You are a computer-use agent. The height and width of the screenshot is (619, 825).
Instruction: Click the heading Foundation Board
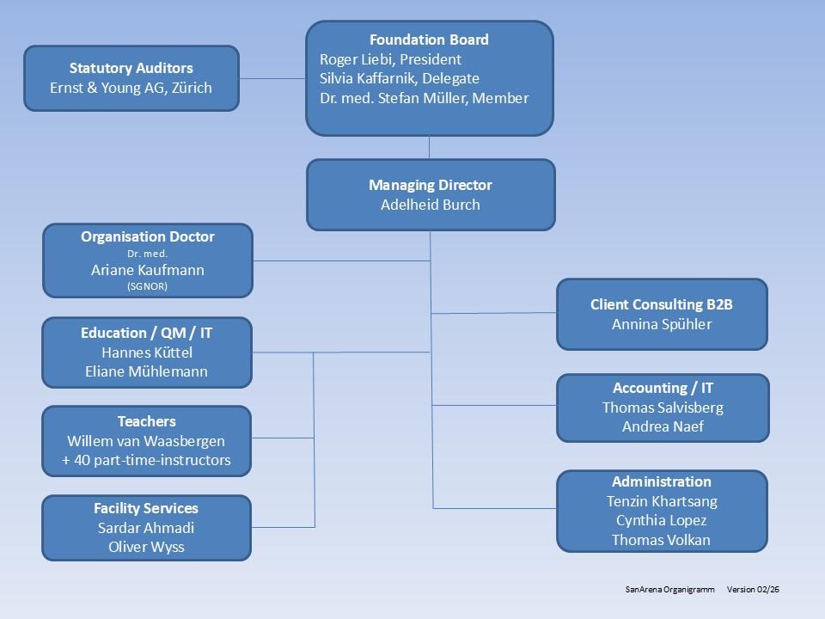pyautogui.click(x=429, y=40)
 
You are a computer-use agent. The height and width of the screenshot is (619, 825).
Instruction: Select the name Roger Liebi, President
pyautogui.click(x=390, y=59)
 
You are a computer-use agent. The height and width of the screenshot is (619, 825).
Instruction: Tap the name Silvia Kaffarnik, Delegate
pyautogui.click(x=400, y=78)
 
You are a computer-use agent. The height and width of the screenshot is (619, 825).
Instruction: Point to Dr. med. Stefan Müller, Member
pyautogui.click(x=424, y=98)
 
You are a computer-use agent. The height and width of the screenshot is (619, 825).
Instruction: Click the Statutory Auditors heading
pyautogui.click(x=131, y=68)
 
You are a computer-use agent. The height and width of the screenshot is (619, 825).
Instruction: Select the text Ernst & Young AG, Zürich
pyautogui.click(x=131, y=88)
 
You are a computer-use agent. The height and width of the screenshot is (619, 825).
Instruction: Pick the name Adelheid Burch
pyautogui.click(x=430, y=205)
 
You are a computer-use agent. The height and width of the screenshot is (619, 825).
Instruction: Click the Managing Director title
pyautogui.click(x=430, y=185)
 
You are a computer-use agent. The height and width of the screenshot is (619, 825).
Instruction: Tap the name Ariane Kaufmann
pyautogui.click(x=147, y=270)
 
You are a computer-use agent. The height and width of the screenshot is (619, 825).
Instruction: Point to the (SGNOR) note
pyautogui.click(x=147, y=286)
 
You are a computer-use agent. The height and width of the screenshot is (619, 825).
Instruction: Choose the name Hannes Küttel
pyautogui.click(x=147, y=352)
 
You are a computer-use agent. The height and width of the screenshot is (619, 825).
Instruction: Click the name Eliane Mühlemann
pyautogui.click(x=147, y=371)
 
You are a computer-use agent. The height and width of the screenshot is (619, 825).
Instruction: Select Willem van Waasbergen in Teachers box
pyautogui.click(x=146, y=441)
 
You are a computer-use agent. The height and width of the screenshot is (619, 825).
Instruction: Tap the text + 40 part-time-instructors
pyautogui.click(x=146, y=460)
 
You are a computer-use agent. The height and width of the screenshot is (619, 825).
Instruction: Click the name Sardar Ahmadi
pyautogui.click(x=146, y=528)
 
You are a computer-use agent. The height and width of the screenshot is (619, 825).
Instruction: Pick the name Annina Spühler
pyautogui.click(x=662, y=324)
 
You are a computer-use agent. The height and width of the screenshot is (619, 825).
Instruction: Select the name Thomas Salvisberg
pyautogui.click(x=663, y=408)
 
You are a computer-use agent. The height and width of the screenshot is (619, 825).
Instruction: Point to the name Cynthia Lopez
pyautogui.click(x=662, y=520)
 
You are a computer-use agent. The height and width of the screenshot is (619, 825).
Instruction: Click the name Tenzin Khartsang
pyautogui.click(x=662, y=501)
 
